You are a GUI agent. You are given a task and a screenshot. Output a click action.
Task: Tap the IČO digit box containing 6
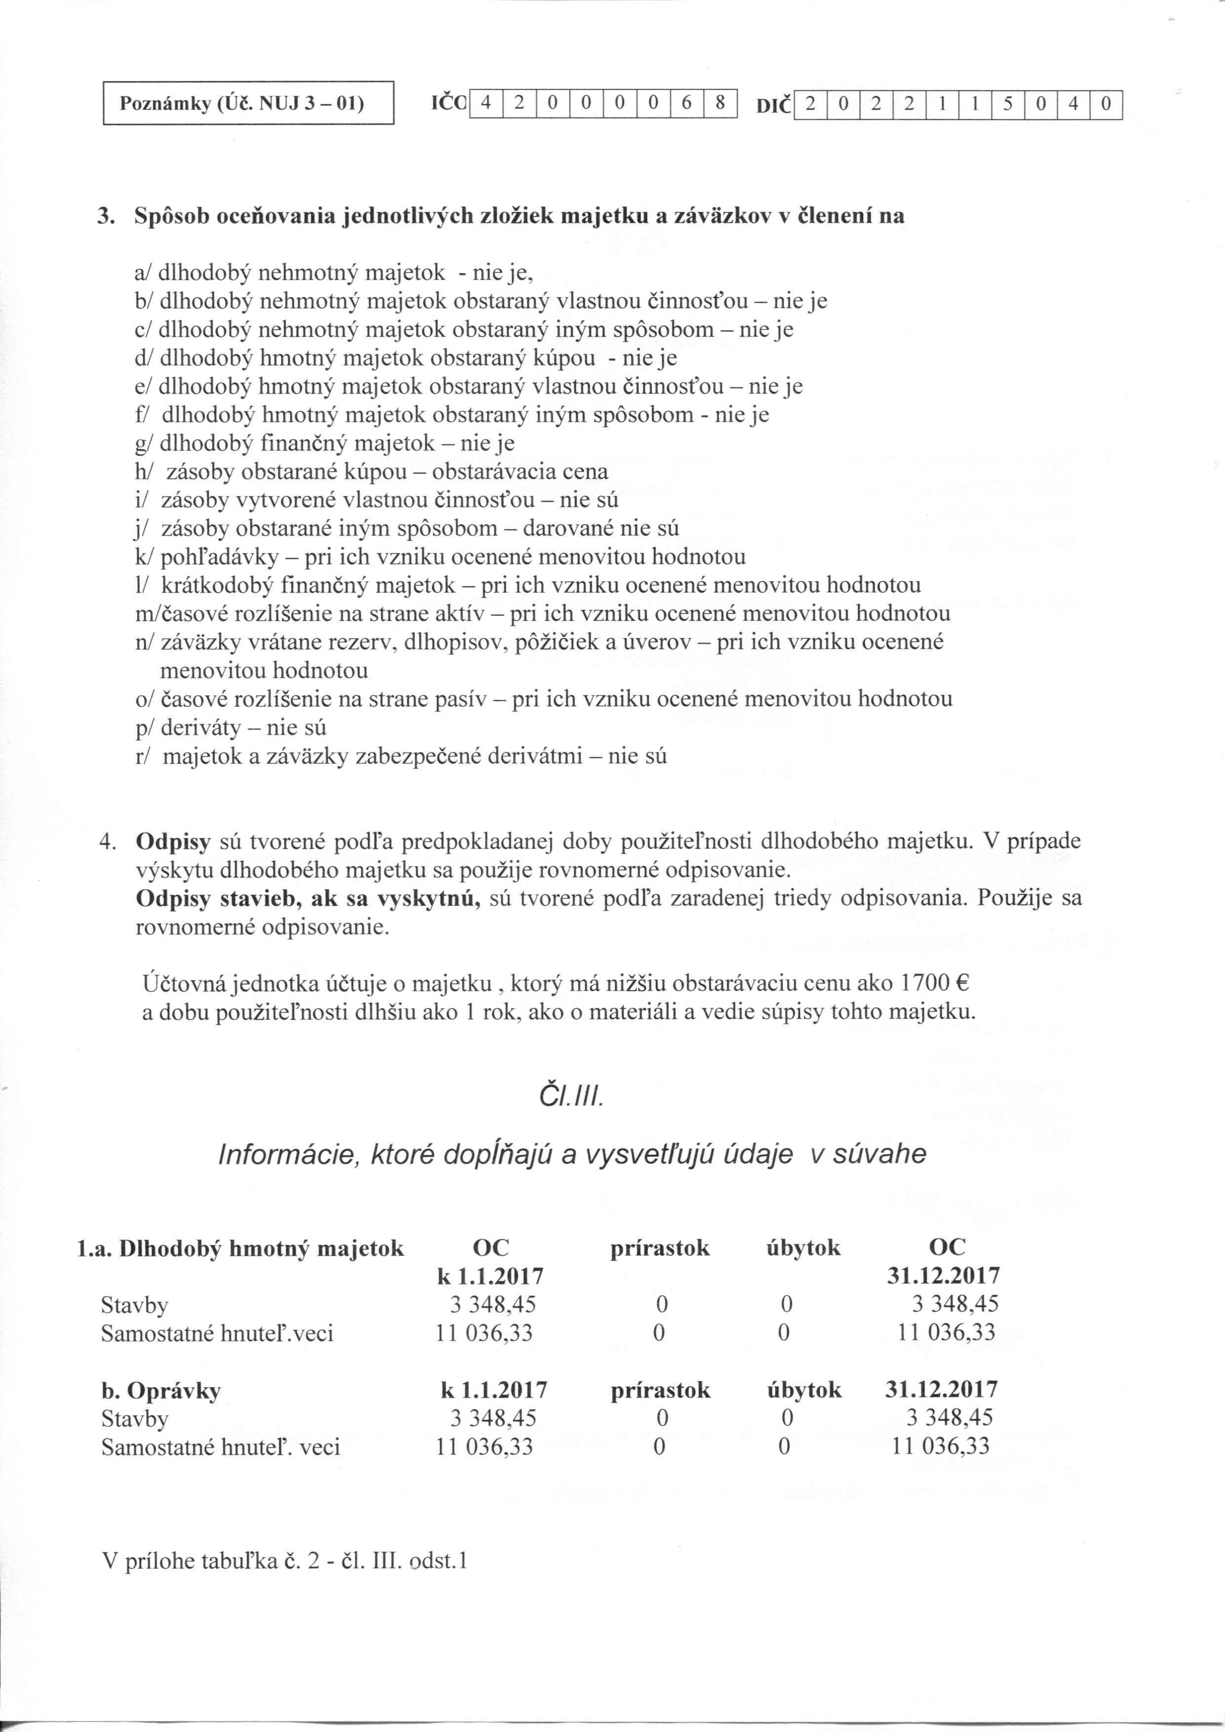686,103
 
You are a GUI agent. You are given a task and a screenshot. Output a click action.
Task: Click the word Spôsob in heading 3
171,216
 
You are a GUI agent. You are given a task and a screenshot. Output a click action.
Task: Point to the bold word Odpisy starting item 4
173,841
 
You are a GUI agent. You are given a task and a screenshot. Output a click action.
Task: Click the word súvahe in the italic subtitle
879,1154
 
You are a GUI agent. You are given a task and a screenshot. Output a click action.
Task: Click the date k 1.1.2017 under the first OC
490,1276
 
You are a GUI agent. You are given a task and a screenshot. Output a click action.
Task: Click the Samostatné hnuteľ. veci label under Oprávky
220,1447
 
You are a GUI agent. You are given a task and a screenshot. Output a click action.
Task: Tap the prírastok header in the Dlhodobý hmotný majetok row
660,1249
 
